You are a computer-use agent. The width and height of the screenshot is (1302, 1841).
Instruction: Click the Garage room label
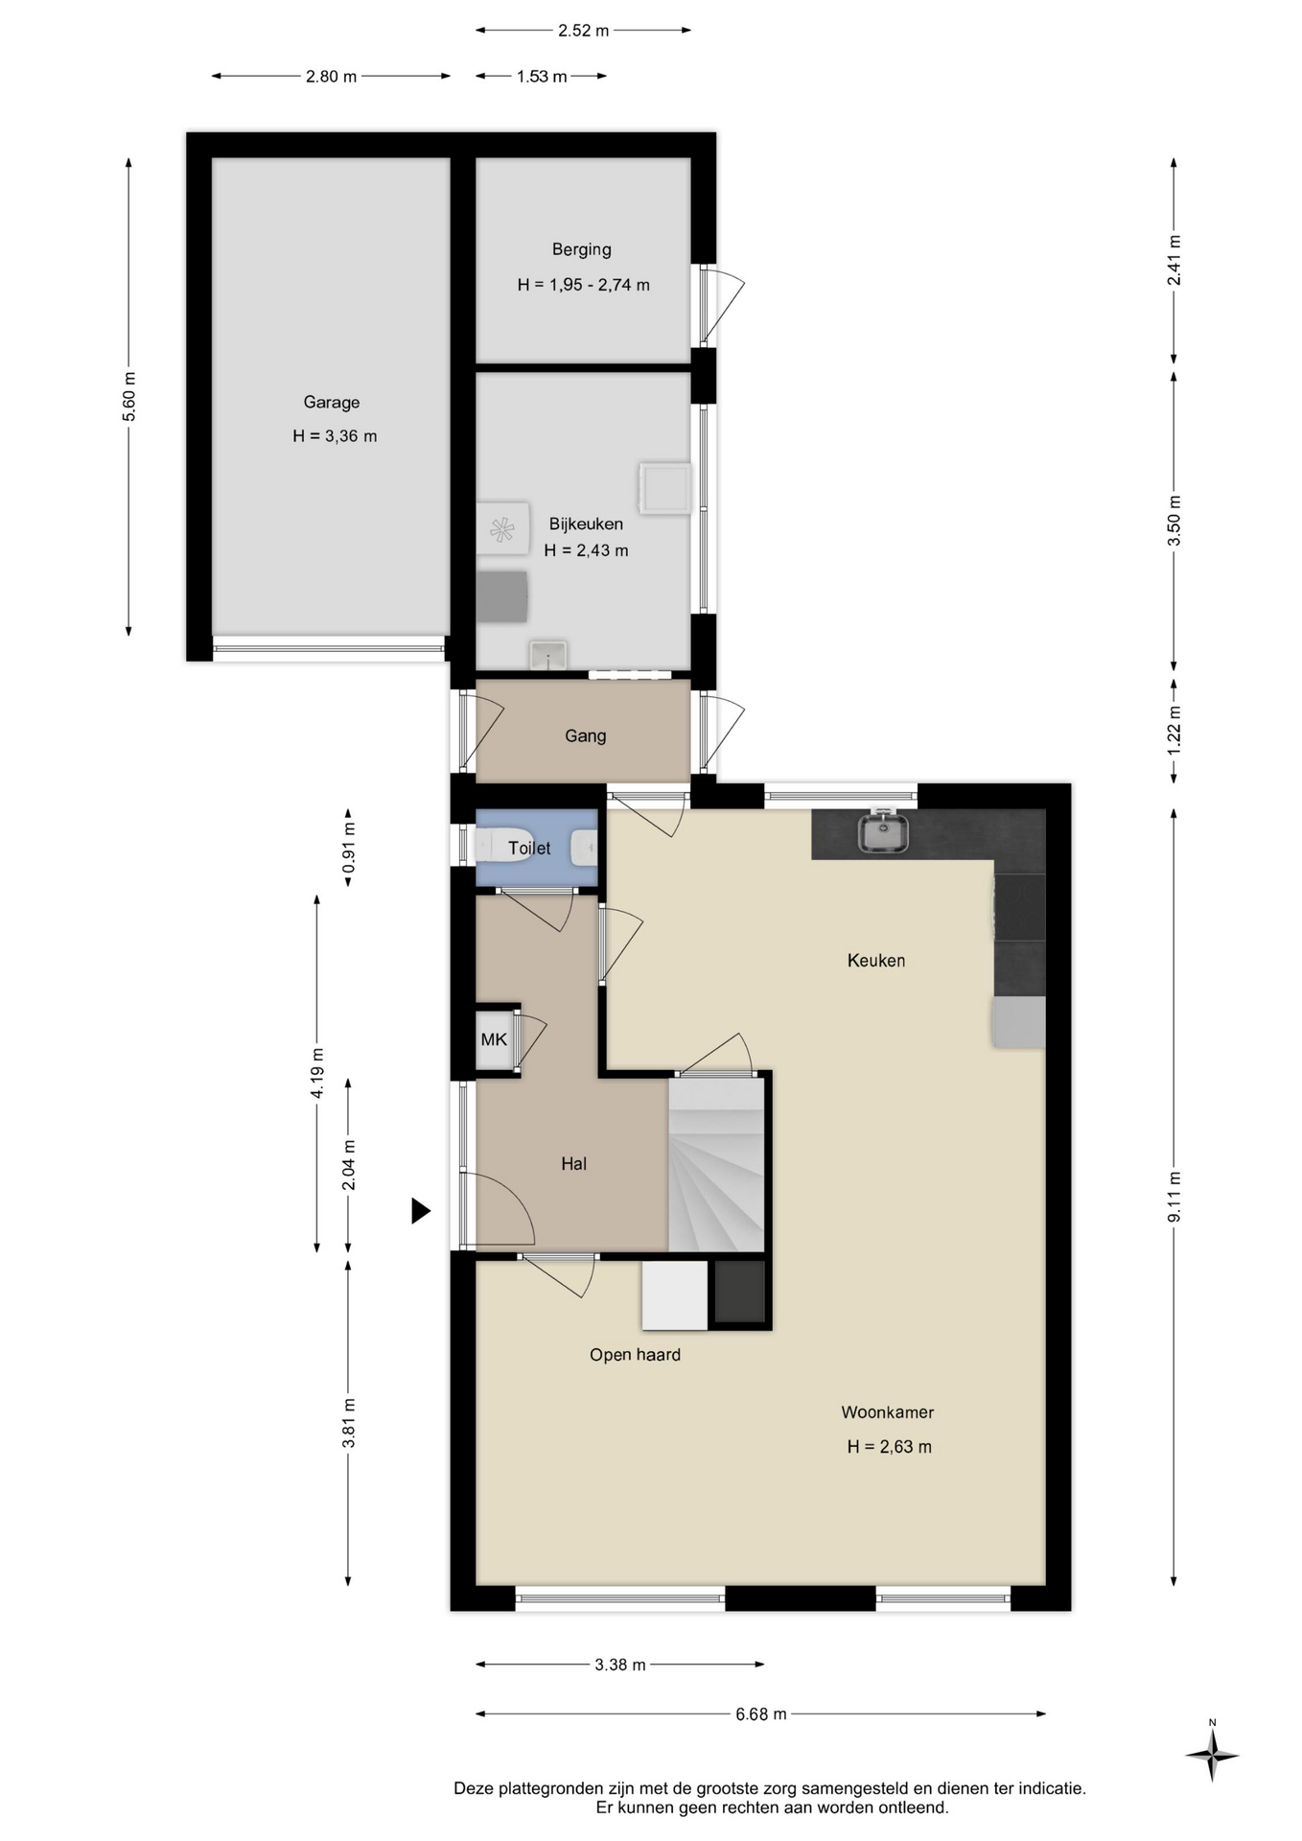332,403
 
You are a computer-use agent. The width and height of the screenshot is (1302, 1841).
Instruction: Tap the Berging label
581,249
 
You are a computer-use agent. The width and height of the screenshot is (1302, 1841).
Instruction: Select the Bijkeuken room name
586,524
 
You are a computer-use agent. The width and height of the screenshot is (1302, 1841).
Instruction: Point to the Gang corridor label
585,736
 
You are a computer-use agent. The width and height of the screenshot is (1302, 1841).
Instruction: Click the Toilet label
529,848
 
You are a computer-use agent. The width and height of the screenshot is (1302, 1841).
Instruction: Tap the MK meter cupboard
494,1039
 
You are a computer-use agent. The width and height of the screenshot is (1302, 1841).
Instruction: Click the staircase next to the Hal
716,1164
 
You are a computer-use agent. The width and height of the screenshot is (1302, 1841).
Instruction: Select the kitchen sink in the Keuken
884,831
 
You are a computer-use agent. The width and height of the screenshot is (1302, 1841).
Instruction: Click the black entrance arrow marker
421,1211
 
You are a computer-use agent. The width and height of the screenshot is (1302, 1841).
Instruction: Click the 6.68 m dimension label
761,1713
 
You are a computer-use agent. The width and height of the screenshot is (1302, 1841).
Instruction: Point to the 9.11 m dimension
1174,1197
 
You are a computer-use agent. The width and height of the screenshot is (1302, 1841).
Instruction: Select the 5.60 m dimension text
129,396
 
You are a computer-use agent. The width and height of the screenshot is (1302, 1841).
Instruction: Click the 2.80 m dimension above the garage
331,77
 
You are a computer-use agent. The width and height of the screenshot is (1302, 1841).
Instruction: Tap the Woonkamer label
887,1412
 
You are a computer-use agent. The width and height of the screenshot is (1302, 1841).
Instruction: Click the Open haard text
635,1355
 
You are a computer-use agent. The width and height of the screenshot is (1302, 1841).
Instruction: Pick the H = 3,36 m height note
335,436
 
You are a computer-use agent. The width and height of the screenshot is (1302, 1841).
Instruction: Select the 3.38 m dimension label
620,1665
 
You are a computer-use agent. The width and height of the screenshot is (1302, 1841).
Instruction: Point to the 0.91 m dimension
349,848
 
